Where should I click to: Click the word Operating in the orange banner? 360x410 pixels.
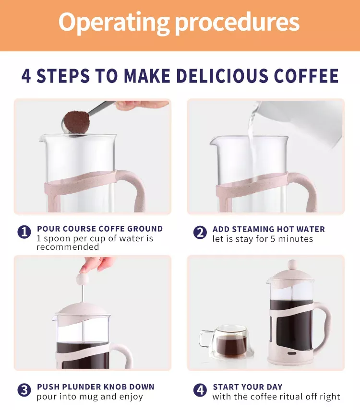pyautogui.click(x=114, y=23)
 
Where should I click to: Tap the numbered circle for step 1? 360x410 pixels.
pyautogui.click(x=24, y=232)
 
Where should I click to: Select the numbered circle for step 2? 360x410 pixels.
pyautogui.click(x=200, y=233)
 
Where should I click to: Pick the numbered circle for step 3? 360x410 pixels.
pyautogui.click(x=24, y=390)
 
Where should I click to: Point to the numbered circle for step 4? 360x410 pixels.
pyautogui.click(x=200, y=390)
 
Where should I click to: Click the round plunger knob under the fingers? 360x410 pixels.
pyautogui.click(x=83, y=279)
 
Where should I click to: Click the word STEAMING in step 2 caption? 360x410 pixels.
pyautogui.click(x=253, y=229)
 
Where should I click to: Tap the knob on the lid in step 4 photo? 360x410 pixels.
pyautogui.click(x=292, y=265)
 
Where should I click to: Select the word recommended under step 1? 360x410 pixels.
pyautogui.click(x=68, y=247)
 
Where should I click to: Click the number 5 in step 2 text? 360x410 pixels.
pyautogui.click(x=273, y=239)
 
